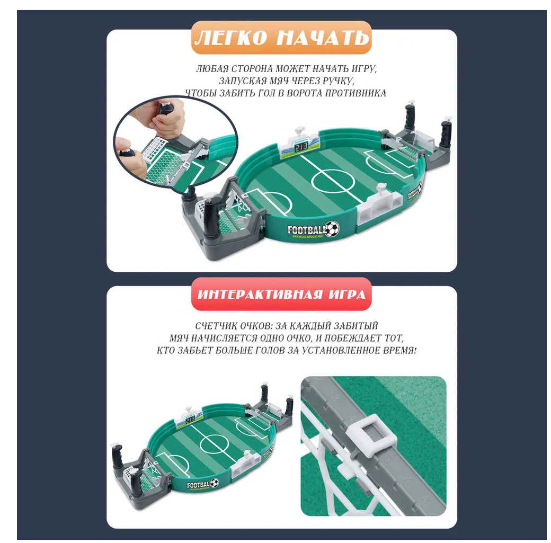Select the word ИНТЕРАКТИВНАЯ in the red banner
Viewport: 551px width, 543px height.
click(260, 294)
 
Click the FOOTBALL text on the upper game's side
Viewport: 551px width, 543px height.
click(307, 230)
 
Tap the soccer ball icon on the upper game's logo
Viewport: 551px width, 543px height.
click(332, 229)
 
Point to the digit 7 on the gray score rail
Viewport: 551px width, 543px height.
click(406, 479)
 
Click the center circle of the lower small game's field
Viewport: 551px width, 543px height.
click(215, 444)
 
